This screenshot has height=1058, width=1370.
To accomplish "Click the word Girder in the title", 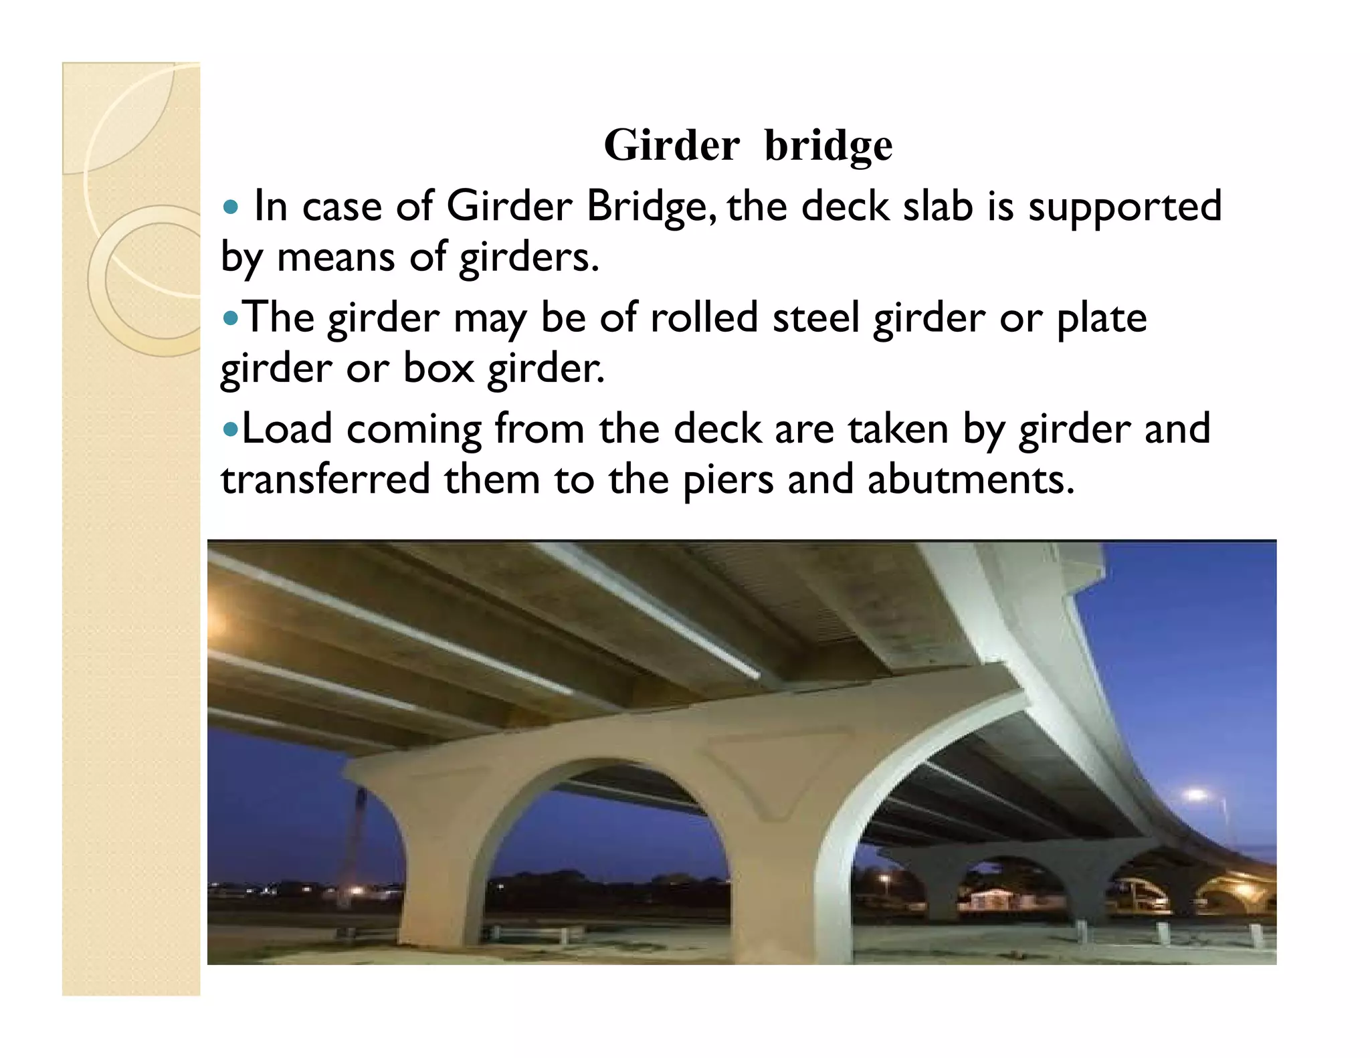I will pos(672,145).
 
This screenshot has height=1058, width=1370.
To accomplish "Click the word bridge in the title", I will pos(828,146).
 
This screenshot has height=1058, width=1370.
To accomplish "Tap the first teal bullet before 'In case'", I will pos(231,207).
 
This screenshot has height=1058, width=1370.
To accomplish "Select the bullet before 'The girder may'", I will pos(230,318).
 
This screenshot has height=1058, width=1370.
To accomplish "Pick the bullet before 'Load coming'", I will pos(230,429).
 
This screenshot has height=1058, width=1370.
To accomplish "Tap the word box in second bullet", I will pos(438,368).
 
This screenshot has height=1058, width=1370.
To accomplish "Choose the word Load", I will pos(286,429).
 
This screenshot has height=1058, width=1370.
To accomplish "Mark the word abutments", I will pos(971,480).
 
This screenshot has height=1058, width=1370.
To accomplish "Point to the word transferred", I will pos(326,480).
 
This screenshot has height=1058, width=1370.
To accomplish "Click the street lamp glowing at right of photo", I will pos(1195,795).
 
